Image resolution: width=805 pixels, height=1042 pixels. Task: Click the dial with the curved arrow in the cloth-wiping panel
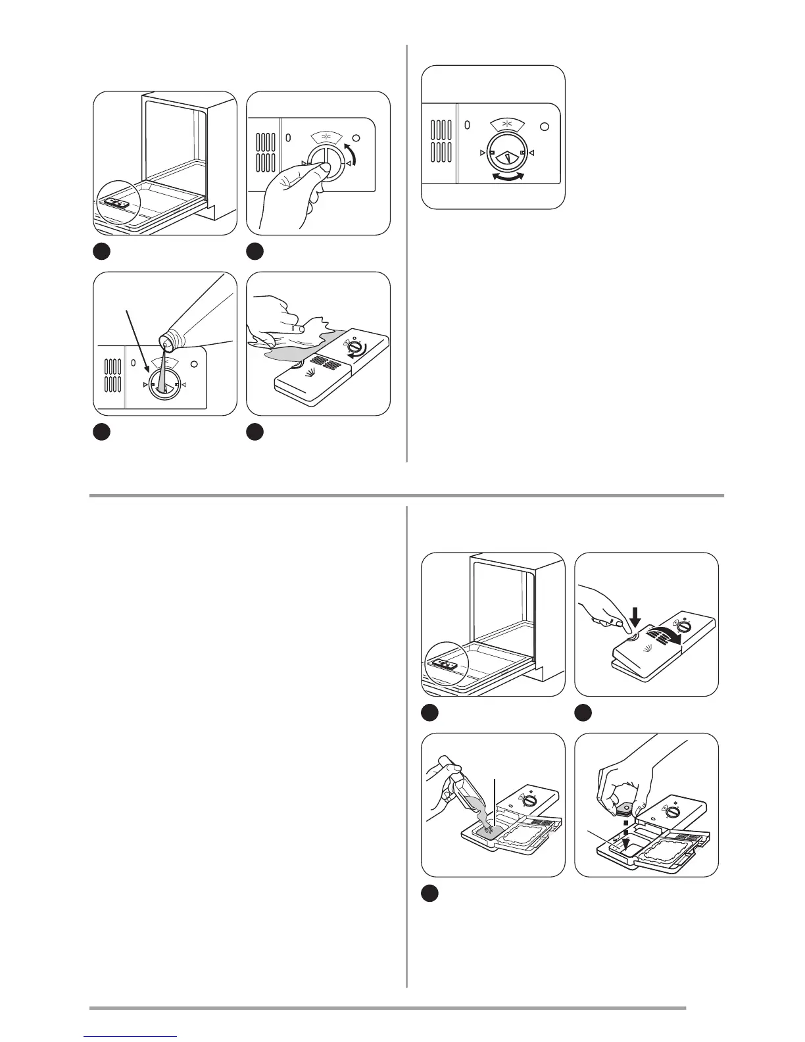[355, 347]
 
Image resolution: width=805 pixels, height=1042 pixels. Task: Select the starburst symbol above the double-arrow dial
[506, 124]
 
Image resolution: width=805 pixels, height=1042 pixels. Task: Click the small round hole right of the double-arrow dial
[544, 126]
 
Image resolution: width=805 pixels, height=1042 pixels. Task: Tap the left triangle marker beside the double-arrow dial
[483, 153]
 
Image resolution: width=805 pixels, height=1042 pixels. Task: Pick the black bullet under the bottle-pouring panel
[101, 431]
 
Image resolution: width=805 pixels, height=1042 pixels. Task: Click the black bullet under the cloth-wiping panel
[255, 431]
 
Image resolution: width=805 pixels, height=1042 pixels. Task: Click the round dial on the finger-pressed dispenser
[685, 626]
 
